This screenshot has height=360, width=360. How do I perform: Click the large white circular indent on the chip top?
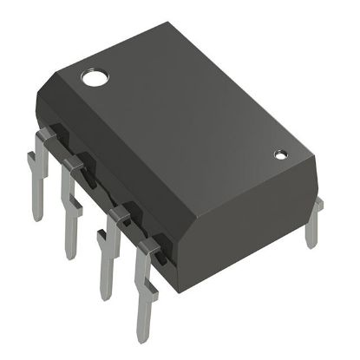point(93,79)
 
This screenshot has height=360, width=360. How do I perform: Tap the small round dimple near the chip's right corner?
point(280,155)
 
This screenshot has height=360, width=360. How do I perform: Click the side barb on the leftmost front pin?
point(29,160)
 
